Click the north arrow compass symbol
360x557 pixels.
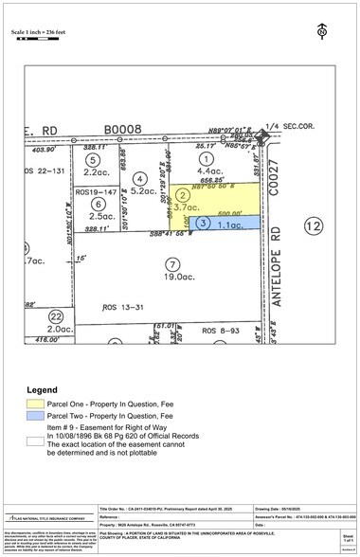(x=323, y=31)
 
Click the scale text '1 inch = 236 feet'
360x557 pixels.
(x=45, y=34)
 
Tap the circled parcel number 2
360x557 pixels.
(x=186, y=196)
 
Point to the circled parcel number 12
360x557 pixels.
(x=311, y=225)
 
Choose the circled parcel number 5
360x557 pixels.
(x=92, y=161)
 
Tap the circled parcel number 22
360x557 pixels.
(x=56, y=316)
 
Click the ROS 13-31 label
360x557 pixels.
(x=121, y=307)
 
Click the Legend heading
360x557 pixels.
(x=43, y=388)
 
